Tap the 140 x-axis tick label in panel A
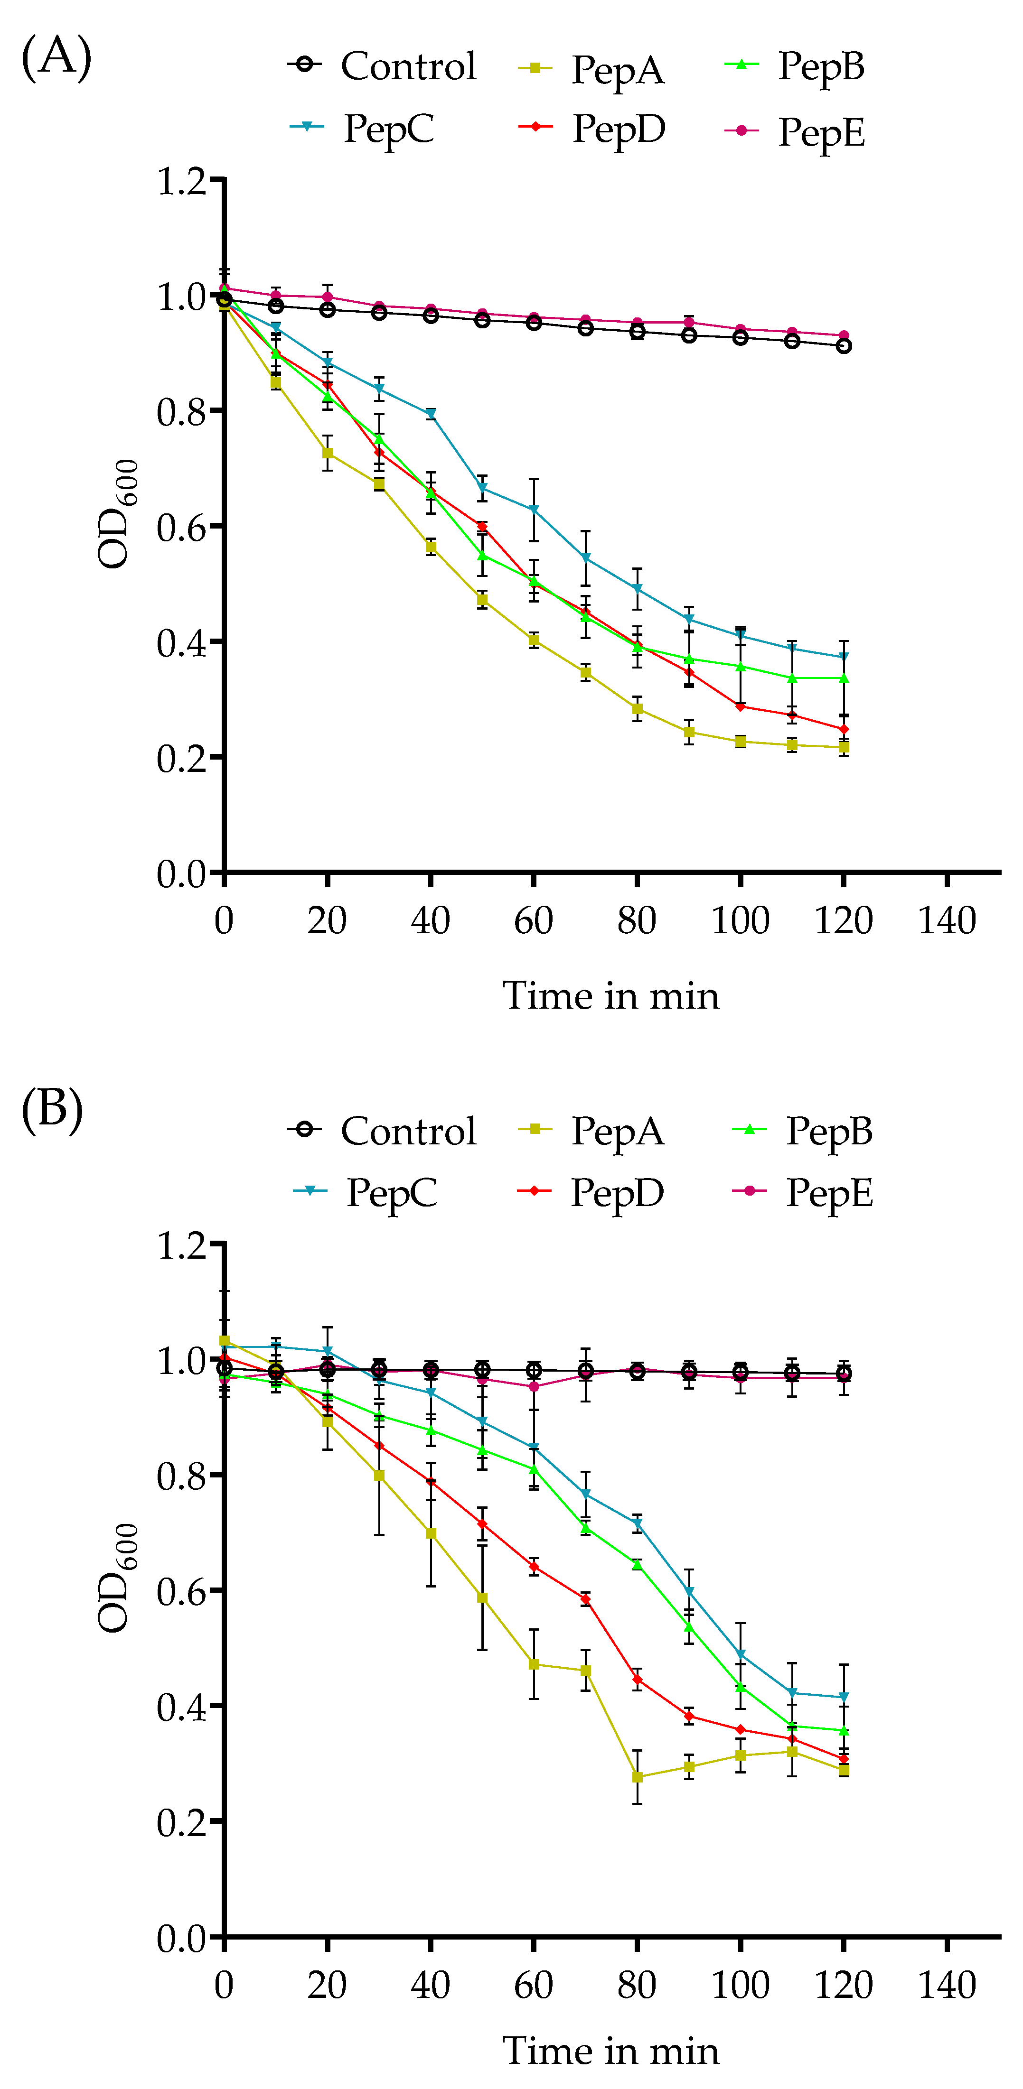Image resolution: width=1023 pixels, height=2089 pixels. click(x=946, y=920)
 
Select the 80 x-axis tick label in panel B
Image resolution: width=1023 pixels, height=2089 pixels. click(x=637, y=1985)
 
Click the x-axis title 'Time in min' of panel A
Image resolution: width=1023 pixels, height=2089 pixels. click(x=611, y=996)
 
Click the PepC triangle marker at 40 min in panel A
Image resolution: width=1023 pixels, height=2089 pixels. click(x=431, y=414)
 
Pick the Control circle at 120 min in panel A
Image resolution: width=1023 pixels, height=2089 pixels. click(x=844, y=345)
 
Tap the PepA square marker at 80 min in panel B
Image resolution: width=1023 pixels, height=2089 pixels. click(x=638, y=1777)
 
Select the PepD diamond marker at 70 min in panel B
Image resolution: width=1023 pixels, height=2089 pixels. click(x=586, y=1599)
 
